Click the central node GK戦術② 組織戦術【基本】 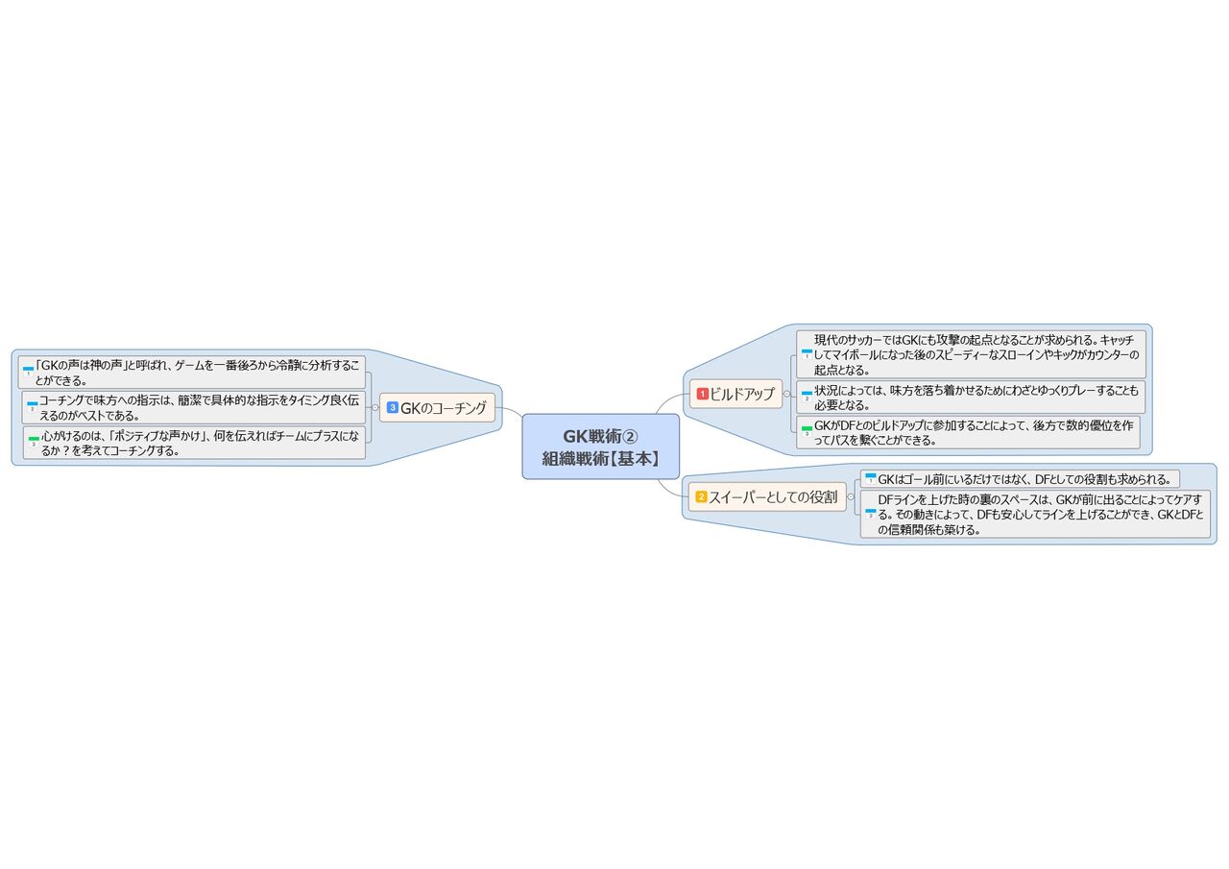pos(601,447)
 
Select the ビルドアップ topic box pos(735,394)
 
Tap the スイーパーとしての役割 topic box pos(767,497)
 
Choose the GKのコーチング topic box pos(437,408)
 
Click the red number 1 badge pos(702,394)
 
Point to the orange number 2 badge pos(701,496)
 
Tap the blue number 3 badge pos(393,407)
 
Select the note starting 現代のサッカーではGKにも pos(971,354)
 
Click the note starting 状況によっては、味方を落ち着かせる pos(971,398)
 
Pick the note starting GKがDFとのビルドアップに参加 pos(969,432)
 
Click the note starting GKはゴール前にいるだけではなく pos(1020,479)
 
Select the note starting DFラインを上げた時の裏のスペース pos(1035,514)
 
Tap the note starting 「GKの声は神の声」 pos(192,373)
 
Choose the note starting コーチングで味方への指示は pos(194,408)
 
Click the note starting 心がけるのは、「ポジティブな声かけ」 pos(194,443)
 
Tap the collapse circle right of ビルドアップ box pos(786,394)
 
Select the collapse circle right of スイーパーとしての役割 pos(851,497)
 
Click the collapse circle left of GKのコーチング pos(375,408)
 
